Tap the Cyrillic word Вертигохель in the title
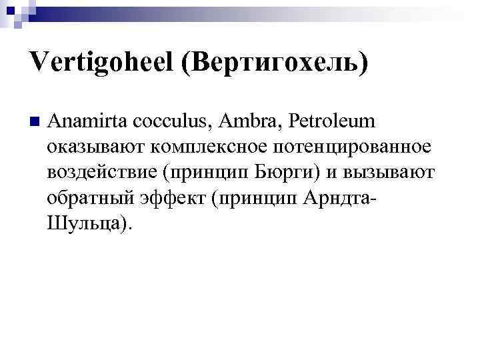[275, 64]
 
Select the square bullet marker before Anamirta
[35, 121]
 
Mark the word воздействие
[101, 172]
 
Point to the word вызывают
[395, 172]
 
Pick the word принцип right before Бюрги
[206, 172]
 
